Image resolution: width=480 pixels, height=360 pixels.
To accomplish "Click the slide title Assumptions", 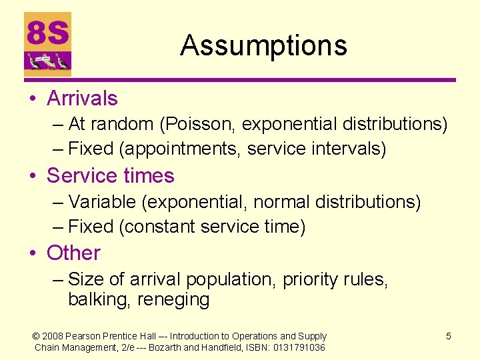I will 263,45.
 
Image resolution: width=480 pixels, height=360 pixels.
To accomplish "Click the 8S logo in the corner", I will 47,44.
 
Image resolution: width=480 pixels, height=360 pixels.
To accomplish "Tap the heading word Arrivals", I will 82,99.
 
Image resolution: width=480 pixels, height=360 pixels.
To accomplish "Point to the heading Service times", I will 110,176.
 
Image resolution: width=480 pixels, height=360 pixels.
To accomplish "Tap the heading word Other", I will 73,253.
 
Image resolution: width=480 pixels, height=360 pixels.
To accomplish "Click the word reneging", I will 173,300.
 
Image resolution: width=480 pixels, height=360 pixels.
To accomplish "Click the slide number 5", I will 448,336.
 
